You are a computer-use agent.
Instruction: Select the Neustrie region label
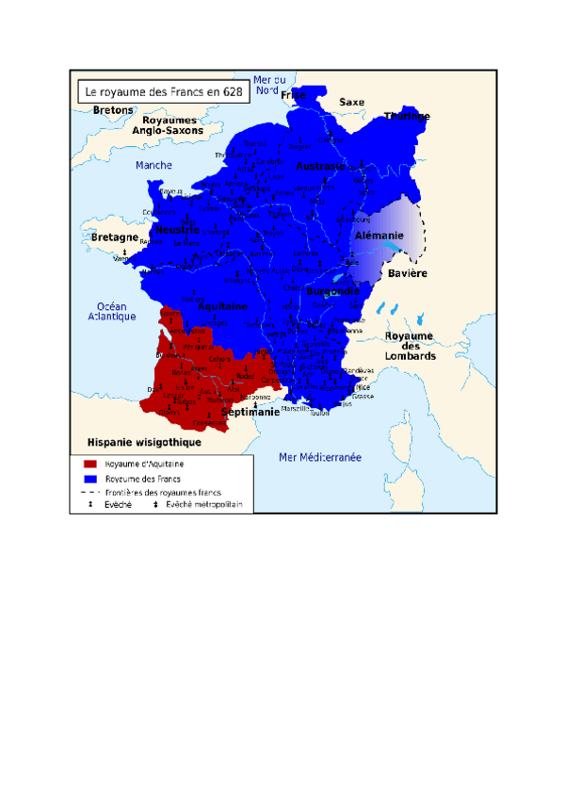pyautogui.click(x=177, y=230)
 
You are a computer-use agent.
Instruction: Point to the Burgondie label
pyautogui.click(x=333, y=292)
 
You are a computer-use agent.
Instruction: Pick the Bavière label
pyautogui.click(x=408, y=273)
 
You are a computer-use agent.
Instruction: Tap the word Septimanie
pyautogui.click(x=250, y=413)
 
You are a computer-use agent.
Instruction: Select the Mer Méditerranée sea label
pyautogui.click(x=320, y=457)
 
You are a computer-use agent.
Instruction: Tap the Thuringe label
pyautogui.click(x=407, y=117)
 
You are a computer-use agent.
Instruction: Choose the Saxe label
pyautogui.click(x=351, y=102)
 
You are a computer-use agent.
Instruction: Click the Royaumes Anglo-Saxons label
pyautogui.click(x=169, y=126)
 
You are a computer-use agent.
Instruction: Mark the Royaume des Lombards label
pyautogui.click(x=409, y=347)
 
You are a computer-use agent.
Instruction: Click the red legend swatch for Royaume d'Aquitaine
pyautogui.click(x=90, y=465)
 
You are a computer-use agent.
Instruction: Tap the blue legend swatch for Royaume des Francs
pyautogui.click(x=90, y=479)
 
